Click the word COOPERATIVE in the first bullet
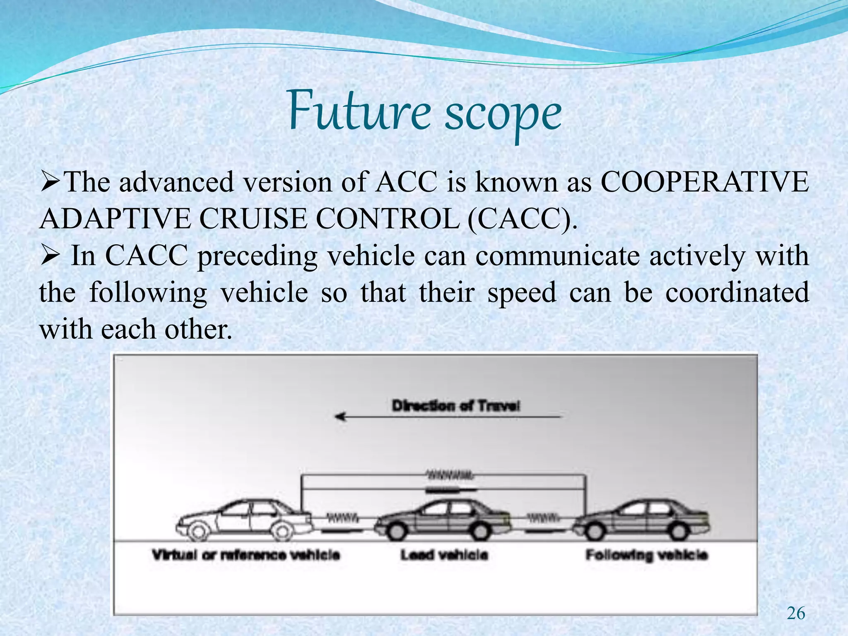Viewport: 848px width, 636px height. click(x=704, y=182)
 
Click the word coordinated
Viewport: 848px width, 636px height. click(x=737, y=292)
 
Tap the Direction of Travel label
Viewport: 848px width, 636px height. click(x=455, y=406)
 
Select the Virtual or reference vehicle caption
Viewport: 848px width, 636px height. click(x=246, y=555)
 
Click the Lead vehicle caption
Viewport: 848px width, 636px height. click(x=444, y=555)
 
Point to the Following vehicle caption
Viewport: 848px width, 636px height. click(x=646, y=555)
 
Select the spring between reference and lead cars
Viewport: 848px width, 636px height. click(x=342, y=517)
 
